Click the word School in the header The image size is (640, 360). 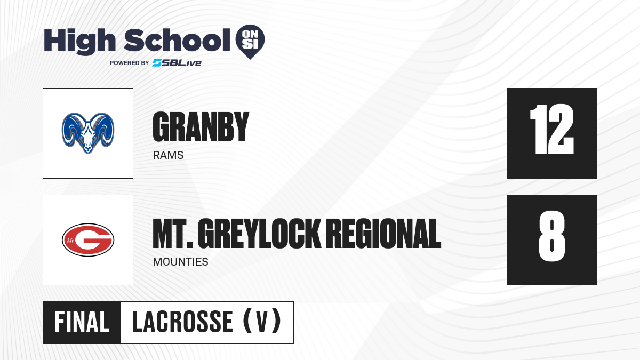point(177,40)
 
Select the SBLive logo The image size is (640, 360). point(177,63)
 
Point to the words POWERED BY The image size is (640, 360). point(130,63)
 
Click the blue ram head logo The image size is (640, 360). point(88,133)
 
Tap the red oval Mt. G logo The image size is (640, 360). point(88,239)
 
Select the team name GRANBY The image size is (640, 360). point(201,127)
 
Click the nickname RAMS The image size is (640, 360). point(168,155)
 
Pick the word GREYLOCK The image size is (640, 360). point(259,234)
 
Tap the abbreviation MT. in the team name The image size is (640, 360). point(173,234)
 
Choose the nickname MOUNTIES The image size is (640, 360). point(181,262)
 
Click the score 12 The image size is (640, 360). point(552,129)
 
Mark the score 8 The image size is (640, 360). point(552,236)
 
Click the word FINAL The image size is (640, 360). point(82,322)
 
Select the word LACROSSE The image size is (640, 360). point(183,322)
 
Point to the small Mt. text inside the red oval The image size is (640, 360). point(70,241)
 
